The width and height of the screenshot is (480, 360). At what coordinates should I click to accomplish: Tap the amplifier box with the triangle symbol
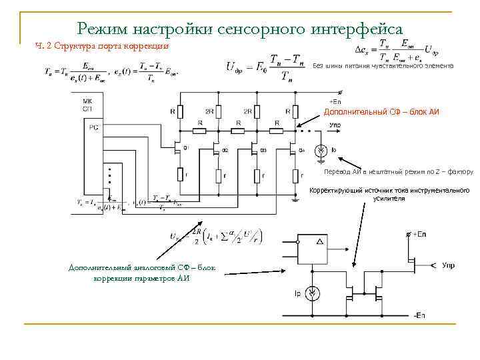[313, 250]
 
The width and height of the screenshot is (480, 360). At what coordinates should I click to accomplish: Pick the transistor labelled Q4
[294, 147]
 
